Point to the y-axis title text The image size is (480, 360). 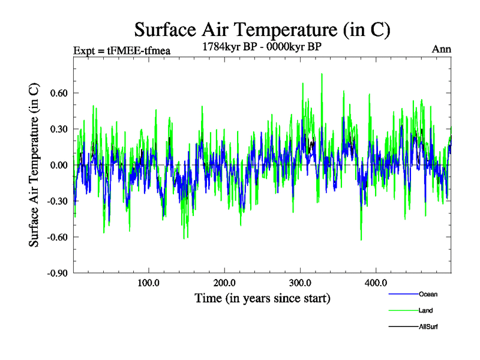(x=34, y=164)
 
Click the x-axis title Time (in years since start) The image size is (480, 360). (x=262, y=298)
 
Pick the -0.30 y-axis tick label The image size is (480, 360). (x=56, y=201)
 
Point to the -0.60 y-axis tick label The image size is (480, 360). (x=56, y=237)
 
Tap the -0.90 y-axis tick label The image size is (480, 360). (x=56, y=273)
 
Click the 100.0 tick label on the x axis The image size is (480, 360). (x=148, y=283)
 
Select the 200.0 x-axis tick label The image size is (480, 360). (x=224, y=283)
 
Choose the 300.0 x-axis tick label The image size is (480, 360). (x=299, y=283)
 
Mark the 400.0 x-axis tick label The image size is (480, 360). (x=375, y=283)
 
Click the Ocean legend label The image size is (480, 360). (x=428, y=294)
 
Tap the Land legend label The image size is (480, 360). (x=426, y=310)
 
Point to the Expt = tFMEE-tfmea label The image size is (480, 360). (x=122, y=50)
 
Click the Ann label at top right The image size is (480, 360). (x=442, y=49)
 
